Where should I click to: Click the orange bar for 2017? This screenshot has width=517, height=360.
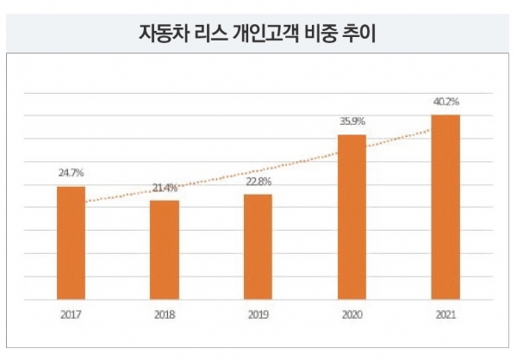click(x=71, y=243)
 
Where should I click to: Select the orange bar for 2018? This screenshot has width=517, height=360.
click(x=165, y=250)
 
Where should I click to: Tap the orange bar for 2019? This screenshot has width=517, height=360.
click(x=258, y=247)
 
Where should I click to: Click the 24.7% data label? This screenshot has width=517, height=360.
click(x=71, y=175)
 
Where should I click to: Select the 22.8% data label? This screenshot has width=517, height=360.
click(x=258, y=182)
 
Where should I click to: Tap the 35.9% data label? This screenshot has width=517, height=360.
click(x=352, y=121)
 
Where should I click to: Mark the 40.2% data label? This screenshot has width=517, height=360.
click(x=445, y=102)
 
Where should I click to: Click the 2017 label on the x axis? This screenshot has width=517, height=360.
click(x=71, y=314)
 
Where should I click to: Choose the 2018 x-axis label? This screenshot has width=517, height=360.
click(x=165, y=314)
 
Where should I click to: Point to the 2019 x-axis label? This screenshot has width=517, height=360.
click(x=258, y=314)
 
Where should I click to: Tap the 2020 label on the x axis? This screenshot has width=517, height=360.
click(x=352, y=314)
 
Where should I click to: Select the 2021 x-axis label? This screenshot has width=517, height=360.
click(x=445, y=314)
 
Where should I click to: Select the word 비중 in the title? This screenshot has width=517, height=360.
click(x=327, y=34)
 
